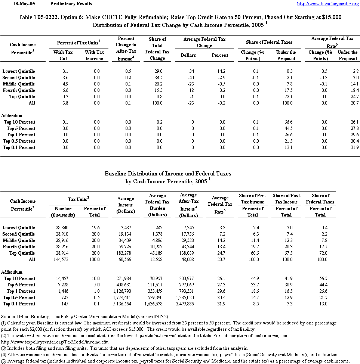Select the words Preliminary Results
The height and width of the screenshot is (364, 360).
click(71, 4)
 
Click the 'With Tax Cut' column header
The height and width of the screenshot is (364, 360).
click(63, 55)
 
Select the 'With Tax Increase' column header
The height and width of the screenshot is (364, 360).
click(94, 55)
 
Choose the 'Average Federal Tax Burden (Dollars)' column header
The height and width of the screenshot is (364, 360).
click(157, 205)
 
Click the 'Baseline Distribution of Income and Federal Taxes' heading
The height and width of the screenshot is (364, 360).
click(168, 174)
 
